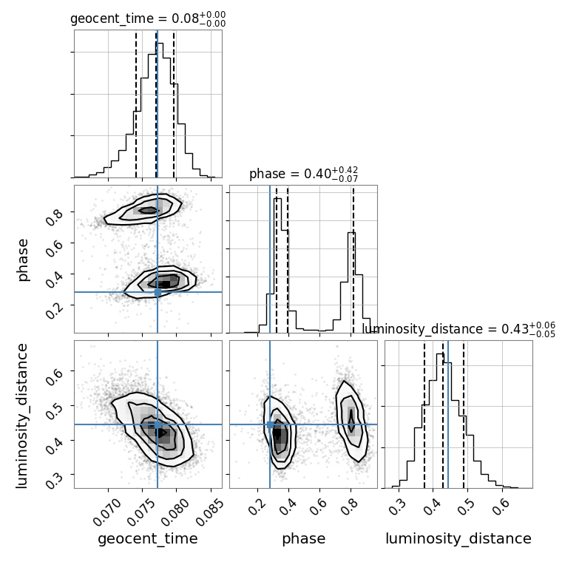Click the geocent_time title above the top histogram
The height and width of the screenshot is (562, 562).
tap(148, 18)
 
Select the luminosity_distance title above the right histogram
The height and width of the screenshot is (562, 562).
tap(458, 328)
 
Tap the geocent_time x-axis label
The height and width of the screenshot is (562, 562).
tap(148, 539)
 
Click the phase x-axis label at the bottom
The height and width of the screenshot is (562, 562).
tap(303, 539)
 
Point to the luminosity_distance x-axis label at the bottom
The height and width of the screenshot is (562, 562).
tap(458, 539)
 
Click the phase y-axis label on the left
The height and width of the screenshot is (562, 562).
tap(24, 259)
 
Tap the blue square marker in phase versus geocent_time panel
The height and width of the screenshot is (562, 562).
tap(158, 292)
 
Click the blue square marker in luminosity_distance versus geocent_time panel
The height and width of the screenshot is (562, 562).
tap(158, 424)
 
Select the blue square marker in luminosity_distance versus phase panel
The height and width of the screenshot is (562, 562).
tap(270, 424)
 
